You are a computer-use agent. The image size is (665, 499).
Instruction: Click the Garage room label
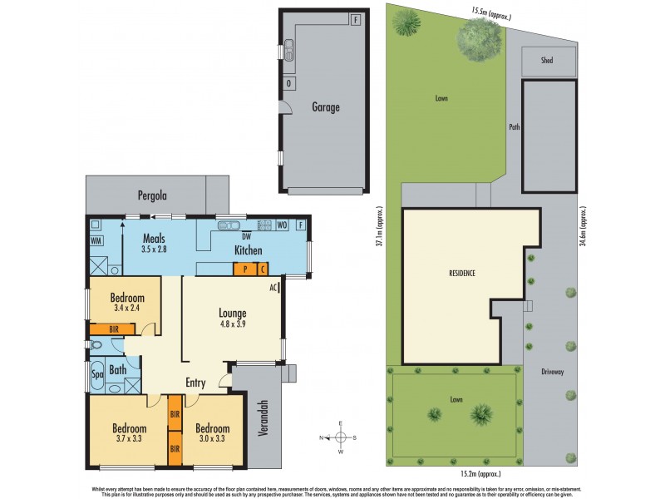[x=326, y=107]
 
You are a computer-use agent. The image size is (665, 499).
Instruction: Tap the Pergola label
[x=153, y=196]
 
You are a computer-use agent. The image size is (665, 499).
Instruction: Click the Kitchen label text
[x=248, y=250]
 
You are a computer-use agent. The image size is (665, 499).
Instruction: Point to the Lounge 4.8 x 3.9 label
[x=232, y=319]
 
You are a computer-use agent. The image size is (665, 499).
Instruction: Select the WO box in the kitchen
[x=283, y=225]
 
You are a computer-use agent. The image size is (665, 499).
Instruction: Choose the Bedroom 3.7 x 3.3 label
[x=130, y=433]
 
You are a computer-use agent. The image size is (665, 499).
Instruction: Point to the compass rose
[x=341, y=438]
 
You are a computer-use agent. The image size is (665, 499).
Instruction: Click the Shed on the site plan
[x=546, y=61]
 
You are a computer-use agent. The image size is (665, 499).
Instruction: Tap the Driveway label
[x=552, y=372]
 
